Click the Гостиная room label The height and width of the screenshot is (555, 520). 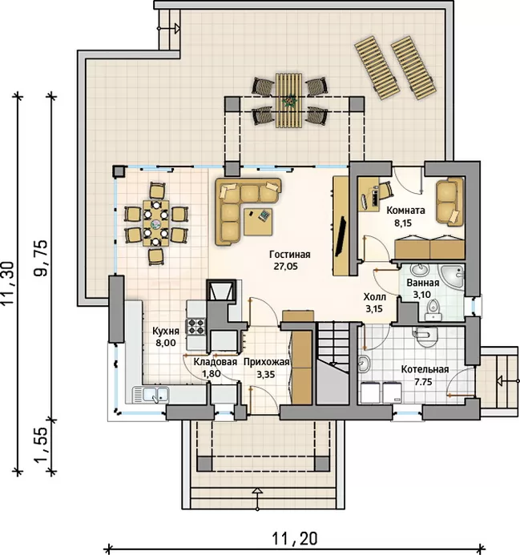point(290,255)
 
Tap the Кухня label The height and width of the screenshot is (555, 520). point(165,331)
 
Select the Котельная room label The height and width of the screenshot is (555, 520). point(425,369)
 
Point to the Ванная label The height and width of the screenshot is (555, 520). point(422,283)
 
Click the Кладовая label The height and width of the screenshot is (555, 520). point(215,362)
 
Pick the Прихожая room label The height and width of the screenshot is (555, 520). point(266,362)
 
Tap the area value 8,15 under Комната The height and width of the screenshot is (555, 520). point(403,223)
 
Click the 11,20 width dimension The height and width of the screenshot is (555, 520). point(295,539)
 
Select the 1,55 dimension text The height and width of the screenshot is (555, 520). point(41,445)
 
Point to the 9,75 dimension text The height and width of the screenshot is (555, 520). point(40,258)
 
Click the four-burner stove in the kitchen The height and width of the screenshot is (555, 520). point(196,326)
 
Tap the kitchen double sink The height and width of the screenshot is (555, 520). point(151,394)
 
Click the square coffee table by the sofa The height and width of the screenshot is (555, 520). point(258,222)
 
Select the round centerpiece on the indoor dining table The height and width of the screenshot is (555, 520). point(155,223)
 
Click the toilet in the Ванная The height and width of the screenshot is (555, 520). point(433,308)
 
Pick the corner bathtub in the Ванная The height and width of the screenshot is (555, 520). point(452,275)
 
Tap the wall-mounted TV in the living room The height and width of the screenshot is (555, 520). point(343,235)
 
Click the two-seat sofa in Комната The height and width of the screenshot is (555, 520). point(449,201)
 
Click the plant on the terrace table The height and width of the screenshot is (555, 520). point(290,100)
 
